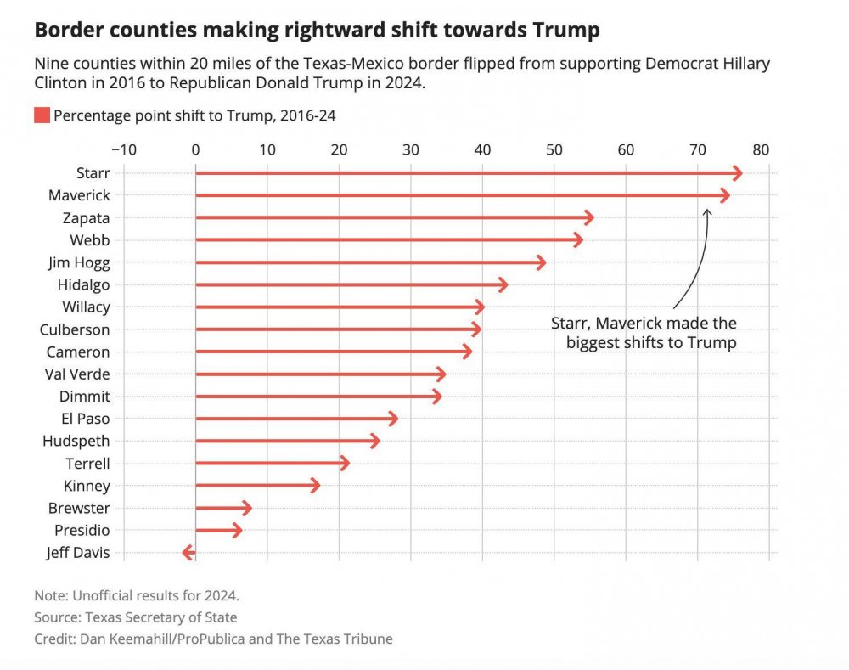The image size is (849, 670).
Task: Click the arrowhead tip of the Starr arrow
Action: click(741, 173)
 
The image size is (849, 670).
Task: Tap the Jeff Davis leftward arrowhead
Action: click(185, 554)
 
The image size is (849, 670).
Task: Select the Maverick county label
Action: click(79, 195)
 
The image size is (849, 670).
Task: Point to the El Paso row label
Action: click(86, 419)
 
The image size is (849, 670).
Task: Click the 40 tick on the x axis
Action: click(482, 149)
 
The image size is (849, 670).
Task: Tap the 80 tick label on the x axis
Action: click(760, 149)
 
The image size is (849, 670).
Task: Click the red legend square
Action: click(42, 115)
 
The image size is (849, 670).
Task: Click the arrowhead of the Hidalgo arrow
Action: click(506, 284)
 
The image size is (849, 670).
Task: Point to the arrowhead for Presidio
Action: click(240, 531)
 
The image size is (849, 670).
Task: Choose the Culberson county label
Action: click(75, 329)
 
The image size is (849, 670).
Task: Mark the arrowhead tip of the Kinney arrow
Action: click(318, 486)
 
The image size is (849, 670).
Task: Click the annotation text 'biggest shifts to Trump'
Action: click(650, 342)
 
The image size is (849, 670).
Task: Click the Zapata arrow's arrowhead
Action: click(592, 218)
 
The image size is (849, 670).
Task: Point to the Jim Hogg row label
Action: click(79, 262)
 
